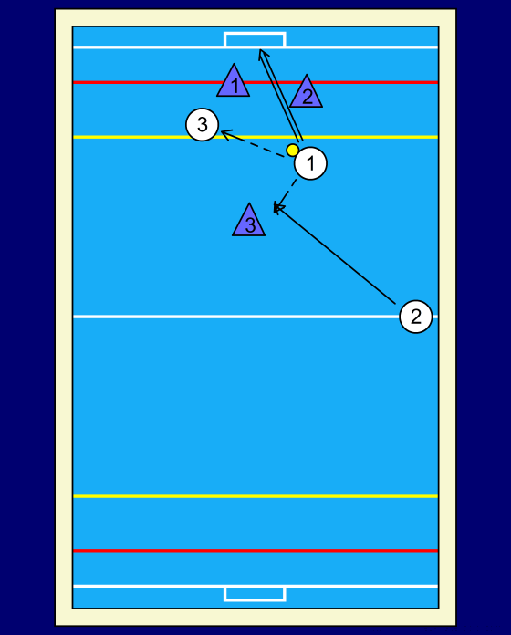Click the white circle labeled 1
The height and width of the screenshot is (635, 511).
tap(310, 163)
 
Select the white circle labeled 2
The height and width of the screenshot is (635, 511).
tap(416, 317)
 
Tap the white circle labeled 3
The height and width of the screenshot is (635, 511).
tap(202, 124)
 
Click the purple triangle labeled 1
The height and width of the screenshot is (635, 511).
tap(234, 80)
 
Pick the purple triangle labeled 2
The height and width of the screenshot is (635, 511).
tap(306, 91)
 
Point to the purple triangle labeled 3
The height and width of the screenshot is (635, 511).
tap(248, 220)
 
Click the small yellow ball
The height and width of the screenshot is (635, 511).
tap(292, 151)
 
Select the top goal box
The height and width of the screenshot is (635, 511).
tap(255, 40)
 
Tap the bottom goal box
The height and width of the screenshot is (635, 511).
tap(255, 594)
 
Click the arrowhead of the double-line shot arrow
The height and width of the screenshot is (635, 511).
tap(261, 51)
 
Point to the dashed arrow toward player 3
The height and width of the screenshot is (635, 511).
tap(253, 144)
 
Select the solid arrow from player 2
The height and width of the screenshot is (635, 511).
tap(335, 255)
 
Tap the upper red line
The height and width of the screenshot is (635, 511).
tap(255, 83)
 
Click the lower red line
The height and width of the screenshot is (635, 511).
tap(255, 551)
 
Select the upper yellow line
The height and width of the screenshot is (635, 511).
tap(255, 137)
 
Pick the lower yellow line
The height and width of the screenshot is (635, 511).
tap(255, 496)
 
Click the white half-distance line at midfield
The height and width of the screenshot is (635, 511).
tap(236, 317)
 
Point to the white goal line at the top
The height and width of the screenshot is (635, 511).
tap(255, 47)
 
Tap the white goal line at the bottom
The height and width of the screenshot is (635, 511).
tap(255, 586)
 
